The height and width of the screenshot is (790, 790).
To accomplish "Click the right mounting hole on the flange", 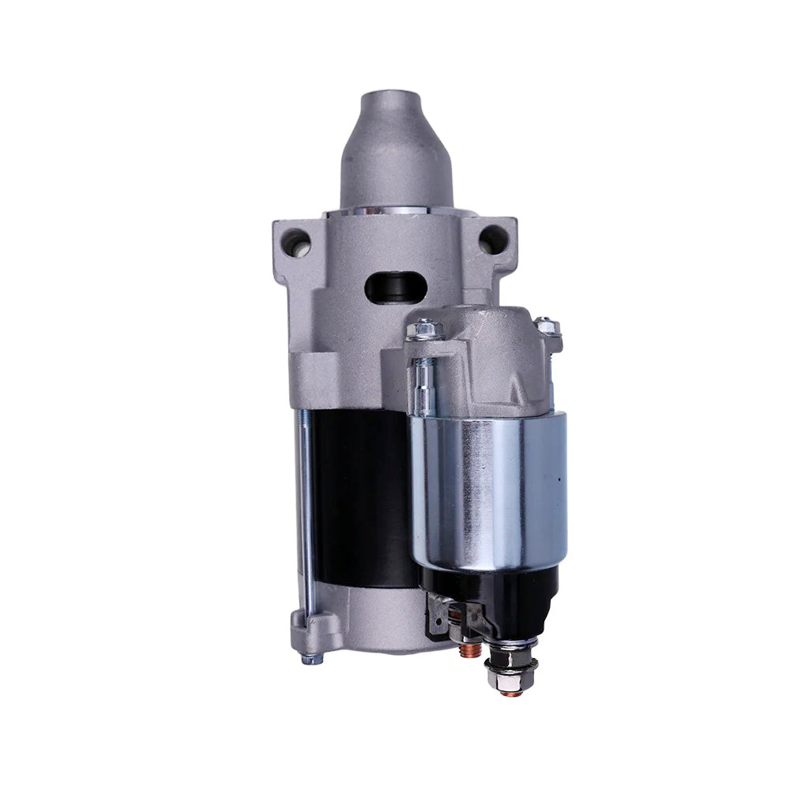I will click(x=494, y=238).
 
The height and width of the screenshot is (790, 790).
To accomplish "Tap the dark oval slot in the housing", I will click(x=396, y=288).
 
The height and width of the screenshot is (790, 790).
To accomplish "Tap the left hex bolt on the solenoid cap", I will click(x=423, y=329).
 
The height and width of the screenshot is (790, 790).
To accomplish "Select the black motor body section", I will click(x=359, y=498).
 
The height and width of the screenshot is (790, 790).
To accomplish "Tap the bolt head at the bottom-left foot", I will click(x=312, y=657).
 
